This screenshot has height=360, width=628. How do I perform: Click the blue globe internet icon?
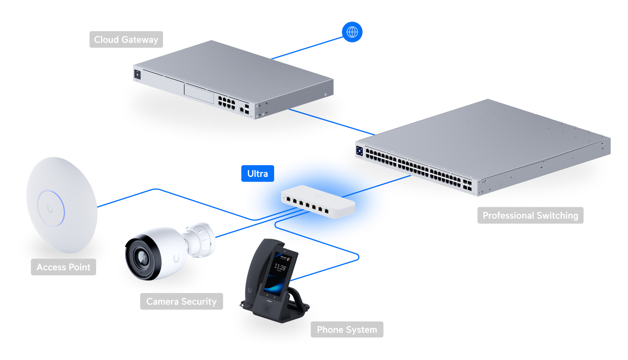[352, 32]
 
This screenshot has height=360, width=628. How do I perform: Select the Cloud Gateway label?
[126, 40]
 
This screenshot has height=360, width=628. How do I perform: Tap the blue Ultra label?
[258, 174]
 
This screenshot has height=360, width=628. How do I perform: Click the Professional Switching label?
[530, 215]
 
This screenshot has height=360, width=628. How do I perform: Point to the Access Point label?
[64, 267]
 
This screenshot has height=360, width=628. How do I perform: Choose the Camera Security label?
[181, 301]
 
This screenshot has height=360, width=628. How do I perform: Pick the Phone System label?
[347, 330]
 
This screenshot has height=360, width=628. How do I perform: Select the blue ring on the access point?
[52, 208]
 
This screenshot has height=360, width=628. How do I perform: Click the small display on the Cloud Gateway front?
[137, 74]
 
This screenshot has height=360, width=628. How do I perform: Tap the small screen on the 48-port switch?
[360, 151]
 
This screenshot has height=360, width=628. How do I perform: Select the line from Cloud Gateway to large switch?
[332, 122]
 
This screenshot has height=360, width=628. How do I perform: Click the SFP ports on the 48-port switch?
[467, 185]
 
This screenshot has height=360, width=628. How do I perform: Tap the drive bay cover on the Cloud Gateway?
[199, 93]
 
